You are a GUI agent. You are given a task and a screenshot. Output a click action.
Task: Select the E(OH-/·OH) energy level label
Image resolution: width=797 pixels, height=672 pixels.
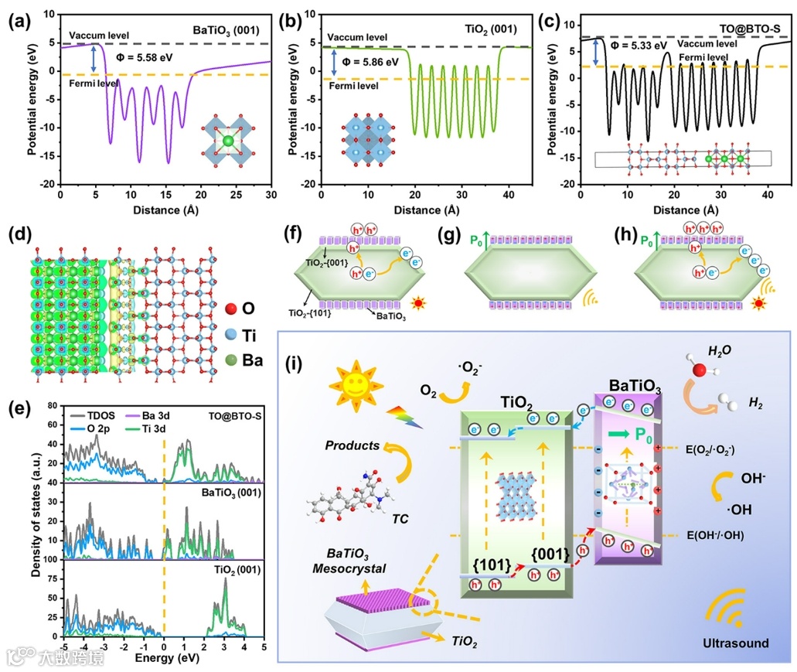click(726, 535)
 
